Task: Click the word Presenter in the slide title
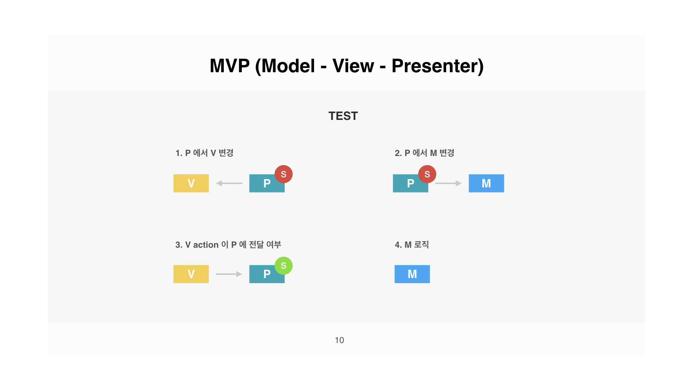[437, 66]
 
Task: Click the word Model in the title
[288, 66]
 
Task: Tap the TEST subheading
[343, 116]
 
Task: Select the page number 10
[339, 340]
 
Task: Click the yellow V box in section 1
[191, 183]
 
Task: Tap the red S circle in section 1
[284, 174]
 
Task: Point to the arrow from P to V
[229, 183]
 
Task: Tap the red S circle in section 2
[427, 174]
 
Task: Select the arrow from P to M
[448, 183]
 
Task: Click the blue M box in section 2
[486, 183]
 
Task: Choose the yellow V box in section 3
[191, 274]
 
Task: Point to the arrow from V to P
[229, 274]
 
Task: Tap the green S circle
[284, 265]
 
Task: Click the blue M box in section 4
[412, 274]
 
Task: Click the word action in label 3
[206, 245]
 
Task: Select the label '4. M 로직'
[412, 245]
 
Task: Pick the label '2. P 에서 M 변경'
[424, 153]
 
